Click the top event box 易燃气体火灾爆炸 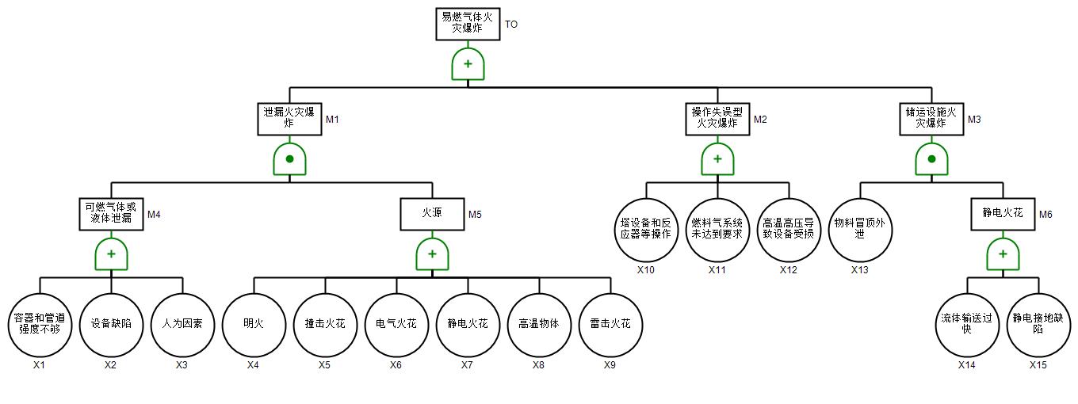468,24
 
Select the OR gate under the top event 468,64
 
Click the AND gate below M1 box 289,159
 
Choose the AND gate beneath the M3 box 931,159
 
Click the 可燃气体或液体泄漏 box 111,214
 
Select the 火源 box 432,214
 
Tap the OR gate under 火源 432,254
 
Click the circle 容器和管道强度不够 40,324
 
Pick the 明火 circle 254,324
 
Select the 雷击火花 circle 610,324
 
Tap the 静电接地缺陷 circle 1038,324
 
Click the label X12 789,270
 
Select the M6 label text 1046,215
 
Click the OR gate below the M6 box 1003,254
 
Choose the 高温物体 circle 539,324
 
